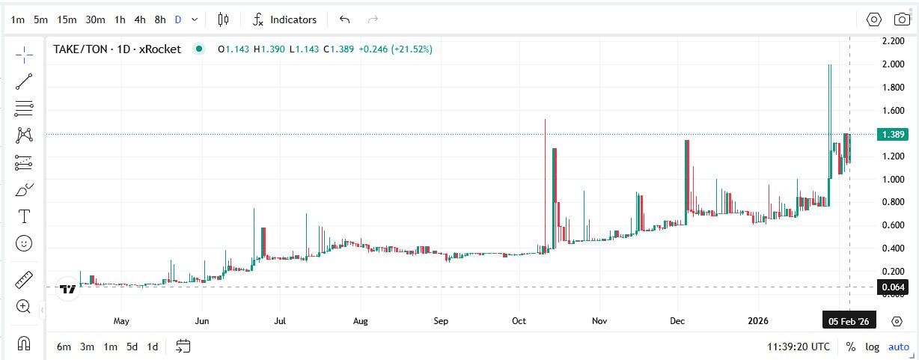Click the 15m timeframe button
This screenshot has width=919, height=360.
[x=67, y=19]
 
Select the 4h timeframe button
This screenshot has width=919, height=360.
[x=140, y=19]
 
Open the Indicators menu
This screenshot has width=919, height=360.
[x=284, y=19]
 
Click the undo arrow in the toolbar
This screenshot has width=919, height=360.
[x=344, y=19]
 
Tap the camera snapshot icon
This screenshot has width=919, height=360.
[x=902, y=19]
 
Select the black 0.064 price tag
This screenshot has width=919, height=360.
[x=893, y=287]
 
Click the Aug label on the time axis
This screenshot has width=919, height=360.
[x=361, y=321]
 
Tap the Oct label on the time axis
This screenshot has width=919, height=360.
[x=519, y=321]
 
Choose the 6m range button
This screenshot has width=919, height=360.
[x=64, y=347]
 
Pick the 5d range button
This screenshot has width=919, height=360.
[x=132, y=347]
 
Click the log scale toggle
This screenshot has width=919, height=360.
[x=873, y=347]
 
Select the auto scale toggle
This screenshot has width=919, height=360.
[x=898, y=347]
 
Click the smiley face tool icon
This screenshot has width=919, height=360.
[x=24, y=243]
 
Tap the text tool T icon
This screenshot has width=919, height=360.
[x=24, y=217]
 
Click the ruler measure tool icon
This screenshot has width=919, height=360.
[x=24, y=280]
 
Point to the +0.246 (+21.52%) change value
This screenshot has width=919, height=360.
[x=395, y=49]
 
